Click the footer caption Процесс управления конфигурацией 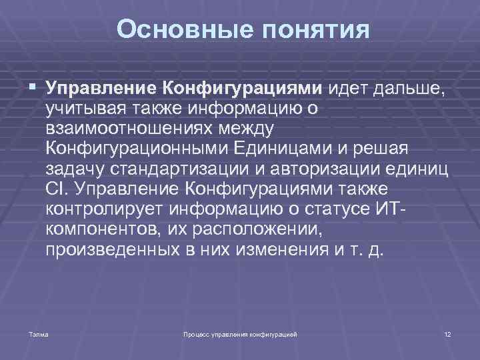coord(240,333)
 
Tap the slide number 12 coord(447,333)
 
